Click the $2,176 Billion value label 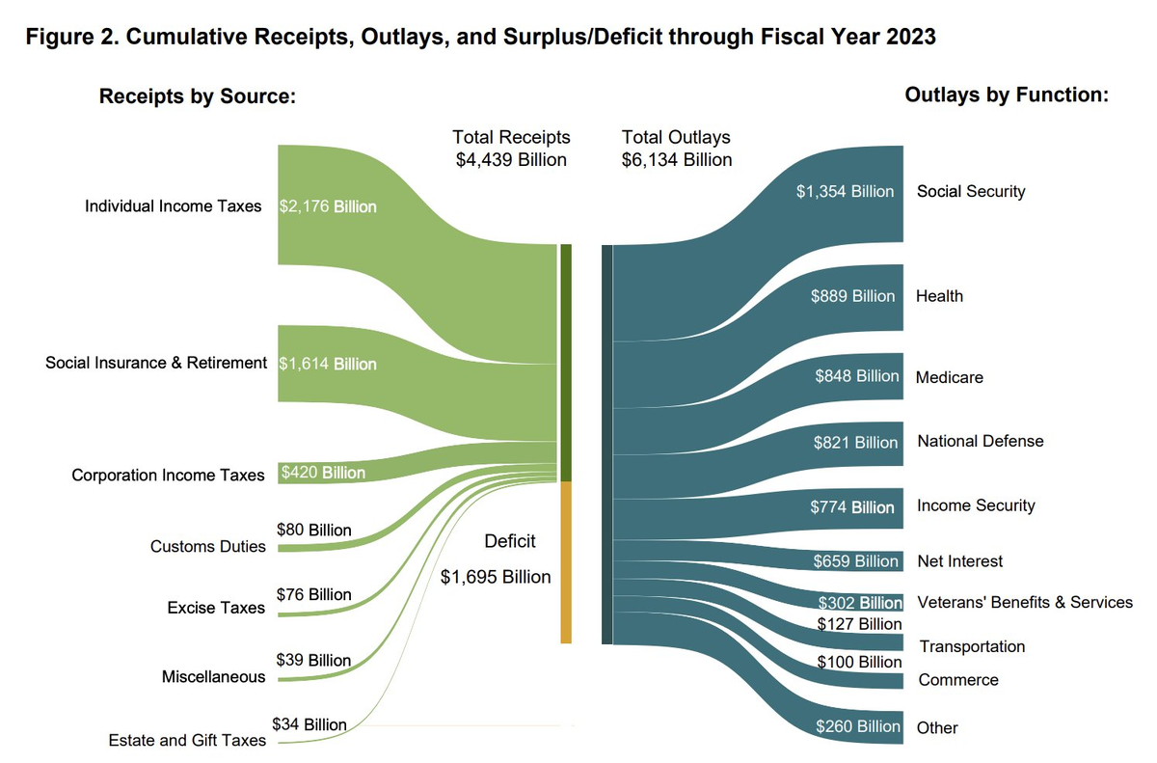[x=327, y=206]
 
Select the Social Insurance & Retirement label [x=156, y=363]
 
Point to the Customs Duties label [x=207, y=546]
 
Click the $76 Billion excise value [x=313, y=594]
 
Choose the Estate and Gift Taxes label [x=186, y=741]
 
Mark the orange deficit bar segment [x=566, y=561]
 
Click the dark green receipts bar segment [x=566, y=362]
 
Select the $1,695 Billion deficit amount [x=496, y=577]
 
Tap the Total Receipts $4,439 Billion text [x=511, y=149]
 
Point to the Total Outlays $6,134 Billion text [x=677, y=149]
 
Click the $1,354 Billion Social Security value [x=845, y=191]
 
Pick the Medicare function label [x=950, y=377]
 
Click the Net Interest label [x=959, y=561]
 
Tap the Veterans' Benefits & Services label [x=1024, y=602]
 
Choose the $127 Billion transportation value [x=859, y=624]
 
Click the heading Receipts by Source [x=196, y=96]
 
